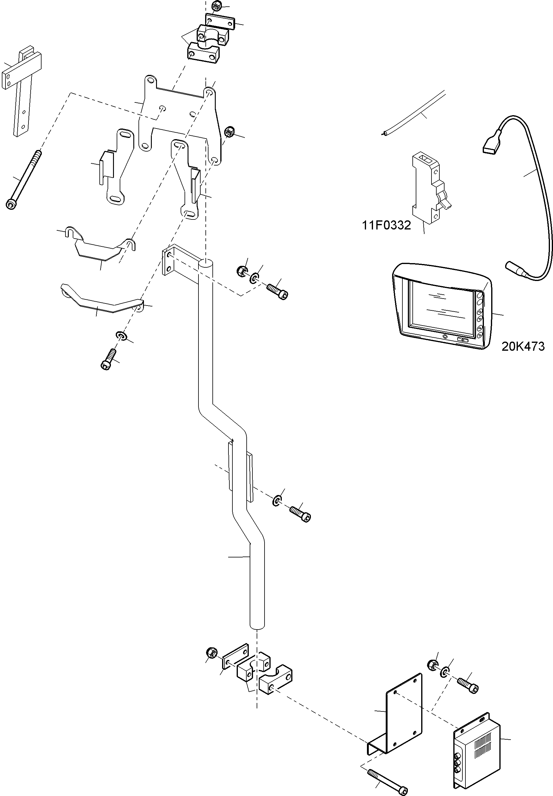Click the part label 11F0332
click(386, 226)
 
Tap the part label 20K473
click(523, 346)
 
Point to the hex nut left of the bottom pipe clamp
click(211, 653)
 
